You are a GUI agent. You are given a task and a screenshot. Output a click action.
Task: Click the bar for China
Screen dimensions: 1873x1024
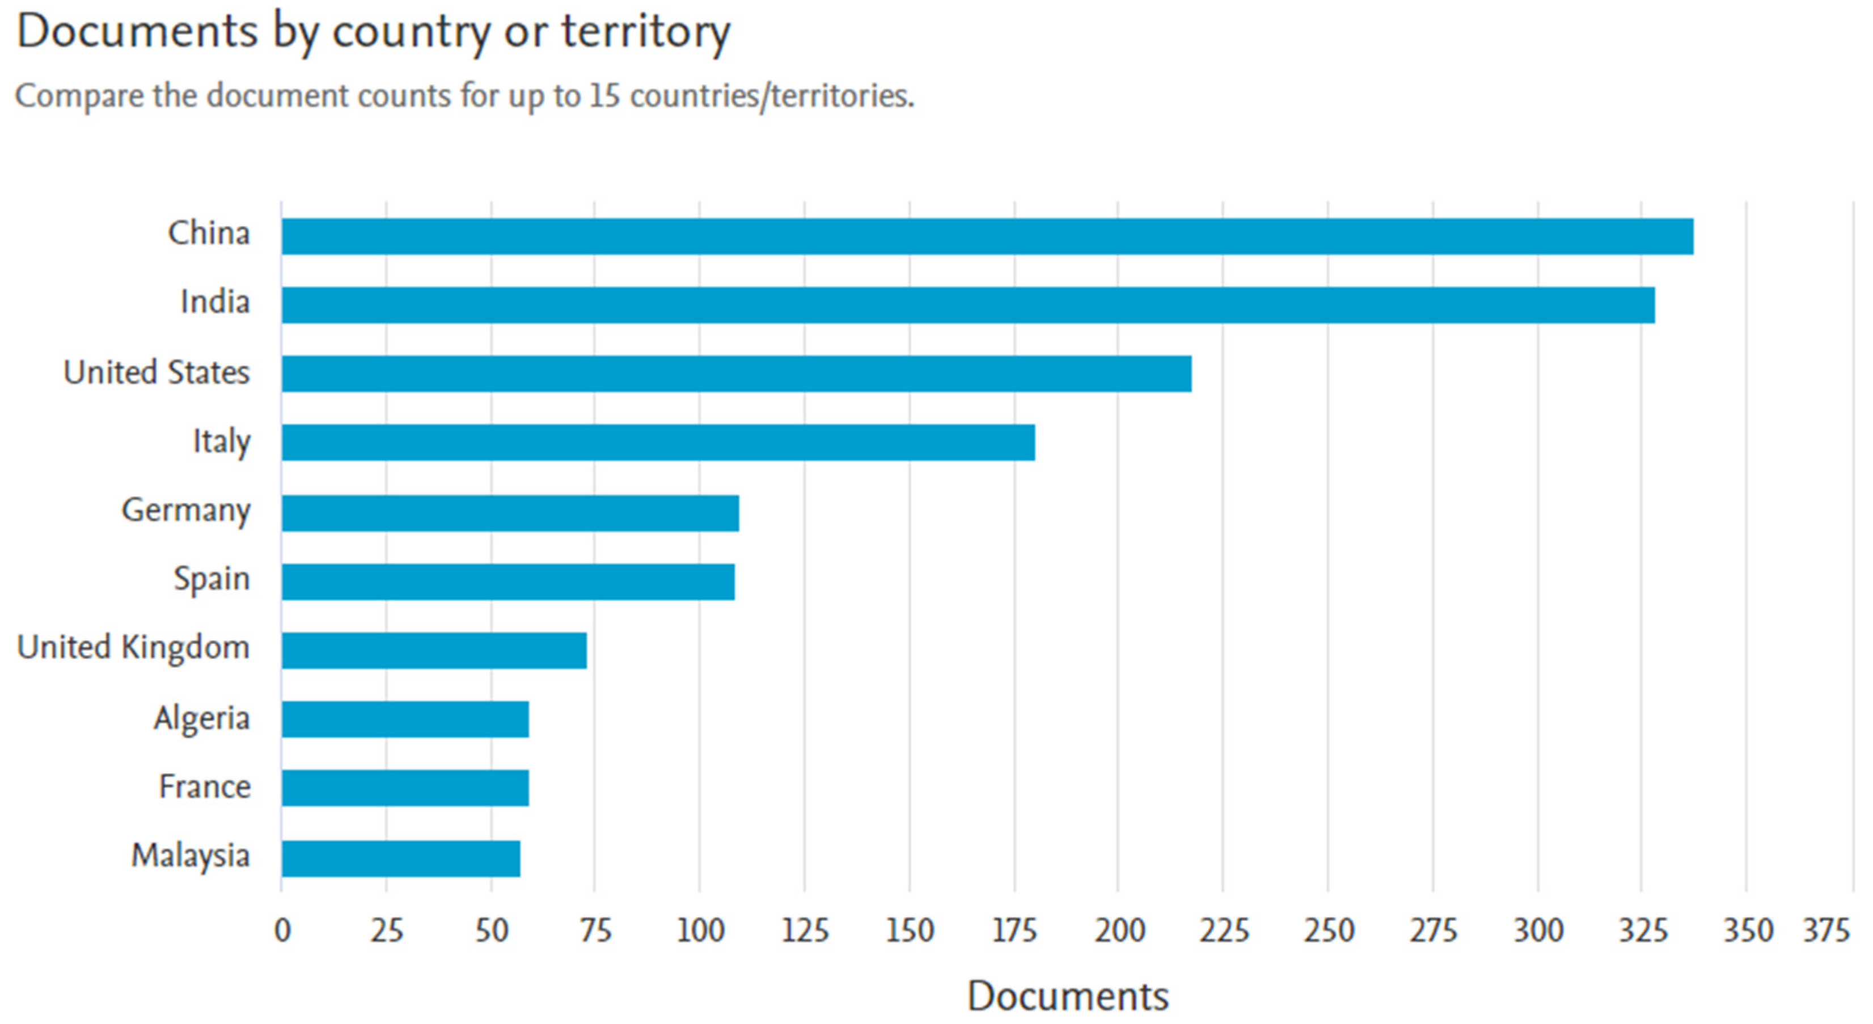pos(987,237)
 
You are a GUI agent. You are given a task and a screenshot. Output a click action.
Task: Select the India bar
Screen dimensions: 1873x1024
pos(969,305)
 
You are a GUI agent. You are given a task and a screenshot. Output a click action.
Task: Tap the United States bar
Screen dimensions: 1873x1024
pos(737,374)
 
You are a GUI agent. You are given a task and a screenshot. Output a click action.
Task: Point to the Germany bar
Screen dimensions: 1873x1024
pos(510,513)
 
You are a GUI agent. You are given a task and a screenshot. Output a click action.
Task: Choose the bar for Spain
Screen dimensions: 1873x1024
pos(508,582)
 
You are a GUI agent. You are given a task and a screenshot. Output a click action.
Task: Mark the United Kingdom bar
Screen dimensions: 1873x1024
pos(434,650)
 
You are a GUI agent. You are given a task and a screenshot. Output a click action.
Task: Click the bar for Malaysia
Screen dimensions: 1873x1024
pos(401,859)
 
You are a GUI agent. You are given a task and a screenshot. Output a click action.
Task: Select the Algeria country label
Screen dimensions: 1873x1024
pos(202,719)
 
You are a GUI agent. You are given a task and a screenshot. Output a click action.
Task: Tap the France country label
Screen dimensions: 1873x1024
pos(205,786)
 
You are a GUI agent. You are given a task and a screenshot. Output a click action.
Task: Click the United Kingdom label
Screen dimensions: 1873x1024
pos(134,648)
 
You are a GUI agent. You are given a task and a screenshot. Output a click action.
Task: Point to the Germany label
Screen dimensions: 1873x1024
pos(186,511)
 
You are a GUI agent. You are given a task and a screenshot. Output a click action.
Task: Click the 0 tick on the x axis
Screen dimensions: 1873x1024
pos(282,930)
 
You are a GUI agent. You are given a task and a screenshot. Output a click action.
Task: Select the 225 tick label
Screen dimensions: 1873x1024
pos(1224,930)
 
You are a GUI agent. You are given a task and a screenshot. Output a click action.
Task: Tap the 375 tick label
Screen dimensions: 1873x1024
pos(1826,930)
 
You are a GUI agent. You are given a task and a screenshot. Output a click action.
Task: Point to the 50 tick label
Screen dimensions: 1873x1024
pos(492,930)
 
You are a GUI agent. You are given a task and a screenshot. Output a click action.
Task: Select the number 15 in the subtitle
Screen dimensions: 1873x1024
pos(604,95)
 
